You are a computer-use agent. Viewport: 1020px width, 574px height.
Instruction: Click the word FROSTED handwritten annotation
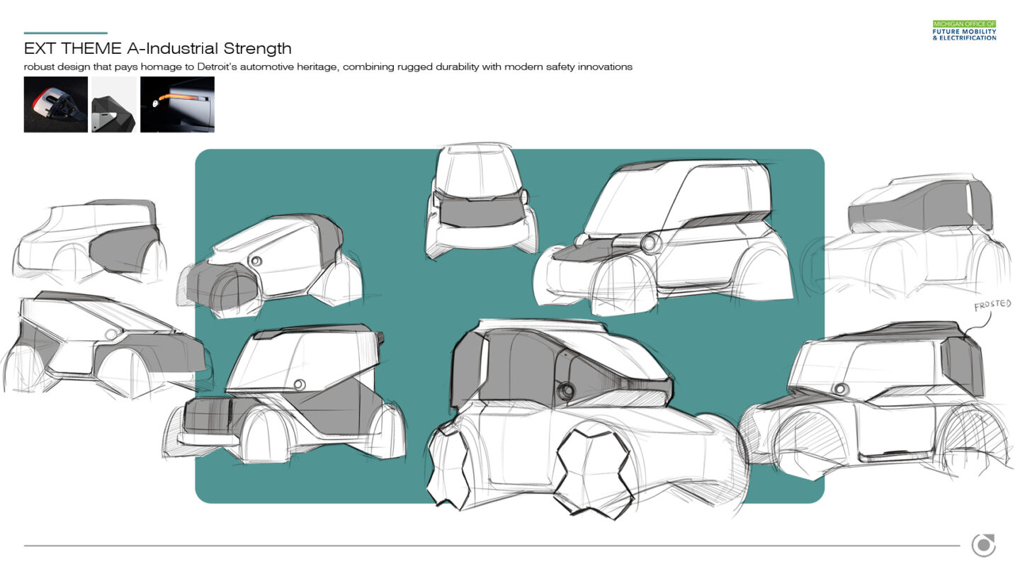pos(992,305)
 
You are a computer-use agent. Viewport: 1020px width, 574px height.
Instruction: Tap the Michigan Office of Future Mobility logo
pos(964,30)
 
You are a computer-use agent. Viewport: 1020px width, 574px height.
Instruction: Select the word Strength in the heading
pos(257,49)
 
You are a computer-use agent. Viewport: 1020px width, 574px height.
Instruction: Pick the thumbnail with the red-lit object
pos(56,105)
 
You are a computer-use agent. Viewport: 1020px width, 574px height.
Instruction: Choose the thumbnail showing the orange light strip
pos(177,105)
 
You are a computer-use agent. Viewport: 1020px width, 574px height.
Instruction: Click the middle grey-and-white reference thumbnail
pos(114,105)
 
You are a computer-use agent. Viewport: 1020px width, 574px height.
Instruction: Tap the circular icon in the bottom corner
pos(983,545)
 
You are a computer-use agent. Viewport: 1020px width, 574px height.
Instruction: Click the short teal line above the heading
pos(65,33)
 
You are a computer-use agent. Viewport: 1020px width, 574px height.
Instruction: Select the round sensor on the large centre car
pos(567,391)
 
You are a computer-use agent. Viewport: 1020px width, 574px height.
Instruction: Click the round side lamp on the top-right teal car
pos(647,244)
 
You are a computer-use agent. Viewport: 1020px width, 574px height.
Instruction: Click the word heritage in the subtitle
pos(401,67)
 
